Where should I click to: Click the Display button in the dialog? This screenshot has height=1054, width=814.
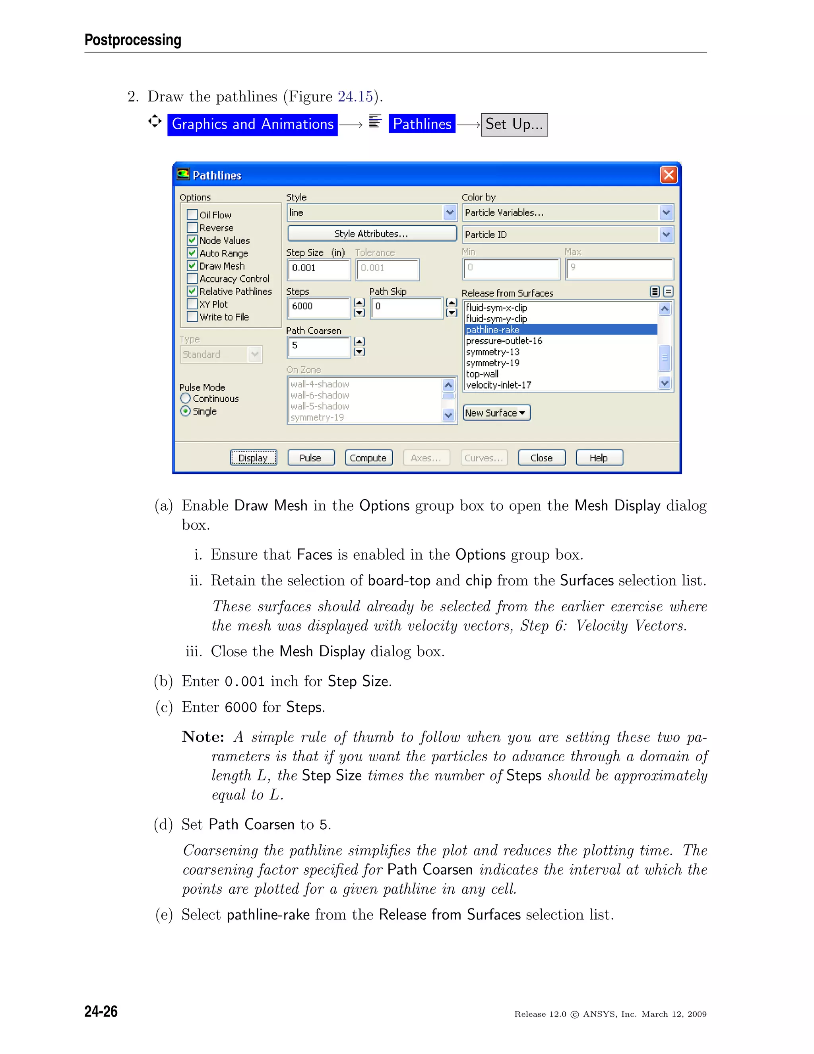click(x=253, y=457)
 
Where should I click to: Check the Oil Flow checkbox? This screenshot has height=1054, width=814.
click(x=192, y=215)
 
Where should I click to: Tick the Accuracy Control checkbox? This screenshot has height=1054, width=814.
click(x=192, y=278)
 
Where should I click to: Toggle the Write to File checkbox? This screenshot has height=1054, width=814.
click(x=192, y=317)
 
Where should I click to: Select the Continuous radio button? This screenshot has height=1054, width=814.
click(x=185, y=399)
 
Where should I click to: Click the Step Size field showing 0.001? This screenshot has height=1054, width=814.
click(x=318, y=269)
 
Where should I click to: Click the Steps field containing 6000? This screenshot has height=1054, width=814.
click(x=318, y=307)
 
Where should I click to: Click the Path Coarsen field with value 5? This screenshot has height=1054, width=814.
click(x=318, y=346)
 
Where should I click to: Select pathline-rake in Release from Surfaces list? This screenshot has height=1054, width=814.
click(x=493, y=330)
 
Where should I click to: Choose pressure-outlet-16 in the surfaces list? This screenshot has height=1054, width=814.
click(x=504, y=341)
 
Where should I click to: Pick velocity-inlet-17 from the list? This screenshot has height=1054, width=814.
click(x=499, y=385)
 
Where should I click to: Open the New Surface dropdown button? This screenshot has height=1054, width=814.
click(x=496, y=412)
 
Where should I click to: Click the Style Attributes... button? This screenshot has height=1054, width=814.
click(x=372, y=233)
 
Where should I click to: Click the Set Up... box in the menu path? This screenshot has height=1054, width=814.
click(x=514, y=124)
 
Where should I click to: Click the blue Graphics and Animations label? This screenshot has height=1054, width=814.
click(x=252, y=124)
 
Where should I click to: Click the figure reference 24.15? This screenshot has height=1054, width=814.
click(x=355, y=97)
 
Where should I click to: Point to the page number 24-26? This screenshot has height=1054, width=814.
click(x=101, y=1011)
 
